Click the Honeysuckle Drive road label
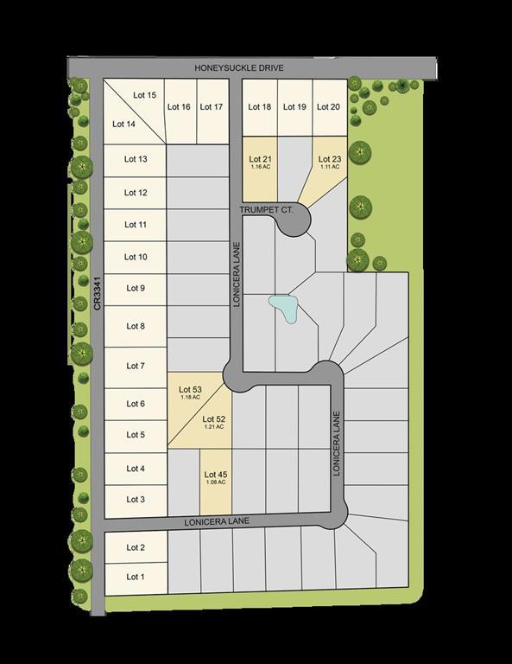tap(251, 68)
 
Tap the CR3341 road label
tap(98, 294)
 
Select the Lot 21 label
tap(261, 159)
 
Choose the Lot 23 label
tap(330, 159)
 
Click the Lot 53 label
tap(191, 391)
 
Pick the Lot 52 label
tap(213, 419)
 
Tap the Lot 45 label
tap(216, 474)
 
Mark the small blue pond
tap(282, 307)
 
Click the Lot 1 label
tap(136, 577)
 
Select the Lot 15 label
tap(145, 95)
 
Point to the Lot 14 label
tap(124, 124)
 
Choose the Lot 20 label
tap(328, 107)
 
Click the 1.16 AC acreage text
tap(261, 167)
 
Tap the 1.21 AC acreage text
tap(213, 427)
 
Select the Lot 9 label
tap(136, 289)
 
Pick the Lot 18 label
tap(260, 107)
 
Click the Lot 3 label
tap(136, 500)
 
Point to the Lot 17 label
tap(212, 107)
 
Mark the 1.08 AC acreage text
tap(216, 482)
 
